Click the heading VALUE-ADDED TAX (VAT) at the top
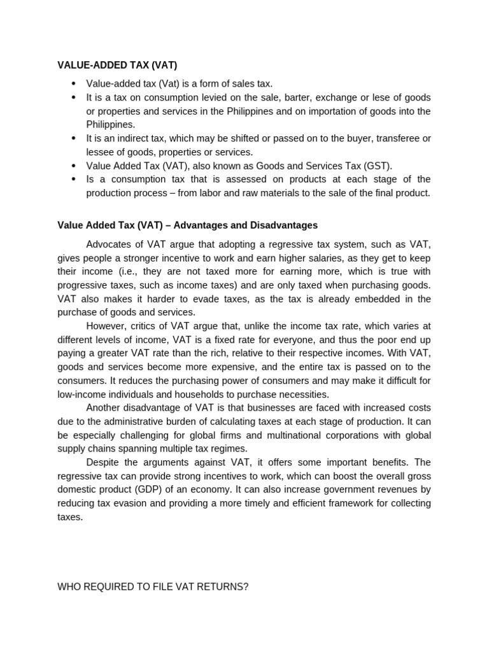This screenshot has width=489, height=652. tap(117, 65)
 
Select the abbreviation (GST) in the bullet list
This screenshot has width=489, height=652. tap(376, 166)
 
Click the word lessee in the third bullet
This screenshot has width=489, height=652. tap(100, 152)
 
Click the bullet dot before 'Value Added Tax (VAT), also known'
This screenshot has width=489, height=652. tap(73, 166)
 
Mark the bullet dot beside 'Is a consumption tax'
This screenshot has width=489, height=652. tap(73, 180)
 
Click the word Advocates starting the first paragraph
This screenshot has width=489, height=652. tap(108, 244)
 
